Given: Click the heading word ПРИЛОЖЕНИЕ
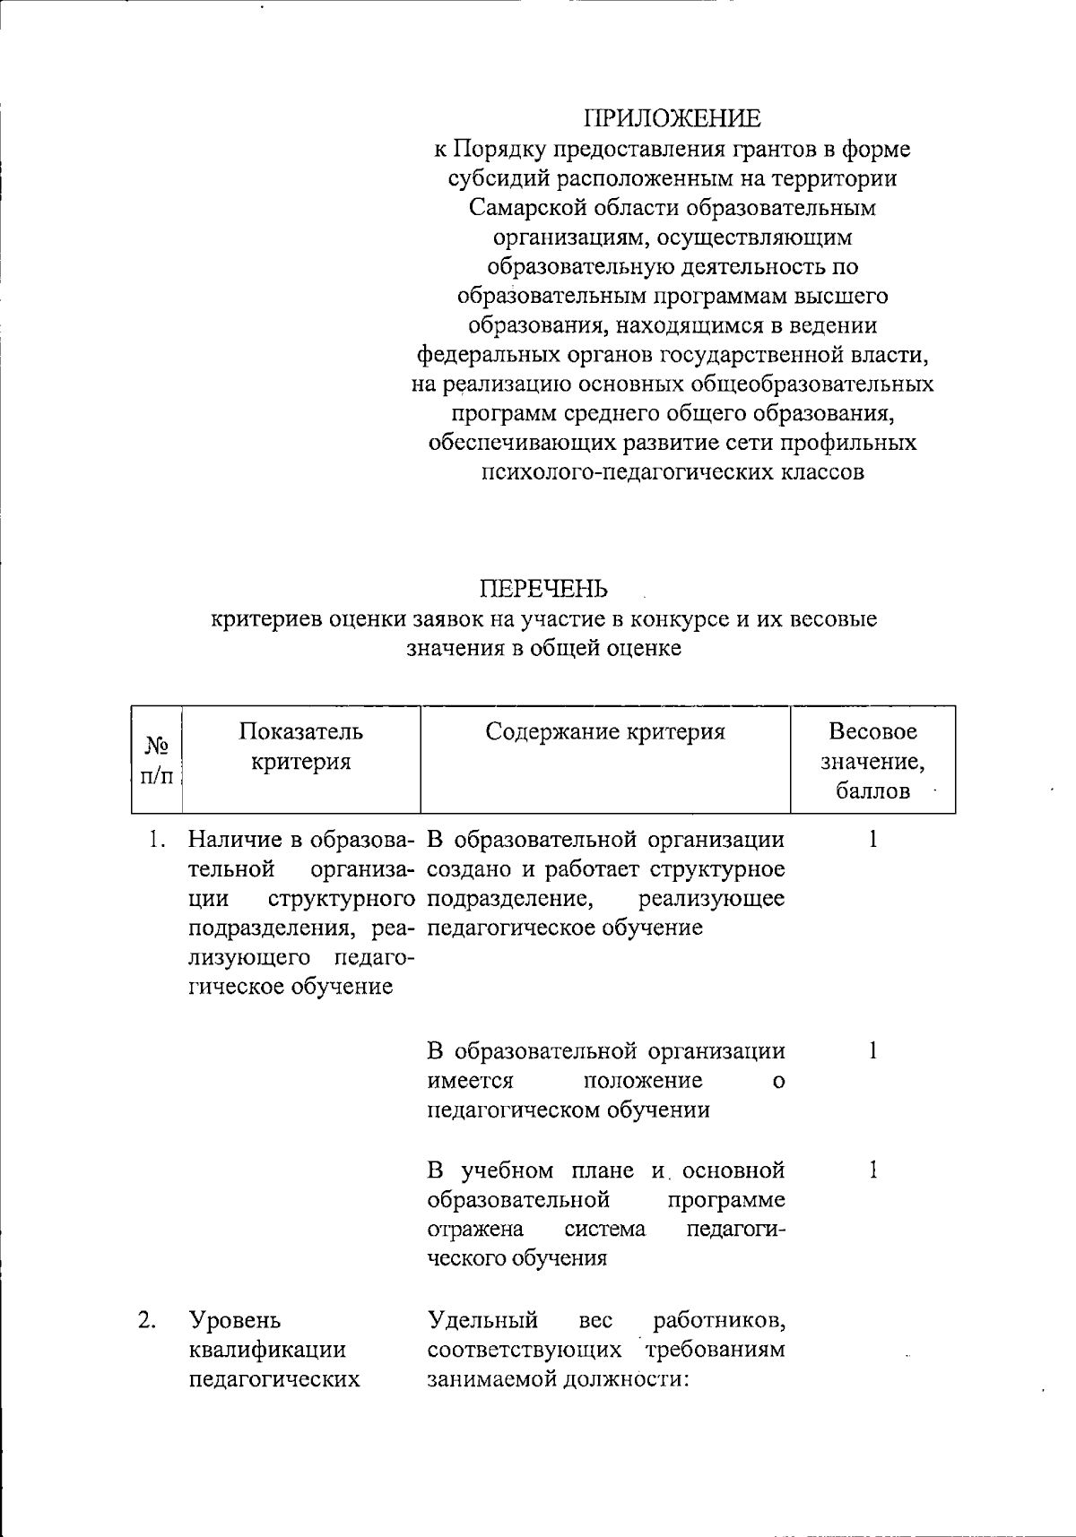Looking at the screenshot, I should (x=672, y=119).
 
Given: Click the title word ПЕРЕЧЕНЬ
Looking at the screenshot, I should (x=544, y=589).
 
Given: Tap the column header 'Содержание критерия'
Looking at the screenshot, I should (x=605, y=732).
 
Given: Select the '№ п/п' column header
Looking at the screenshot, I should (x=157, y=760).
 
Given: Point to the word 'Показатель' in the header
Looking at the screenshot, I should (x=300, y=732).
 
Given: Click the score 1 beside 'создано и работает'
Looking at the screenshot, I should (x=872, y=840).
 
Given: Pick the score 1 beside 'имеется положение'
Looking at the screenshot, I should (x=872, y=1050).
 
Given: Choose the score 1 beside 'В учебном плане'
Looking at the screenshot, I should (x=872, y=1170).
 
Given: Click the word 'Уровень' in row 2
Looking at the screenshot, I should (x=235, y=1320).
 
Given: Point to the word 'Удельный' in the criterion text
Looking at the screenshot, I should (x=483, y=1320).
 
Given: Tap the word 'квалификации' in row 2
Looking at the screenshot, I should (x=267, y=1350).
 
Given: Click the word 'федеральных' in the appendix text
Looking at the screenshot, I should (x=490, y=355).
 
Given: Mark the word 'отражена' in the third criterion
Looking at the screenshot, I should (x=475, y=1229).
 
